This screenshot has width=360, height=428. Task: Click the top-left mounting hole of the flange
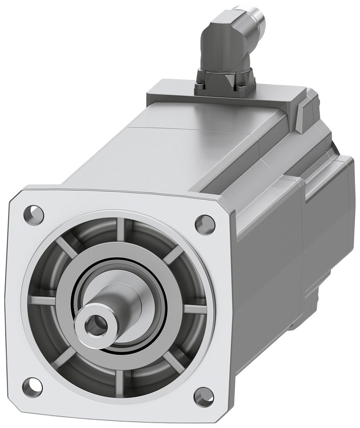(34, 211)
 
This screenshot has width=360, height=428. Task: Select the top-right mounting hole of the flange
(204, 223)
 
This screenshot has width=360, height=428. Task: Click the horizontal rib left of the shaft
(43, 301)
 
